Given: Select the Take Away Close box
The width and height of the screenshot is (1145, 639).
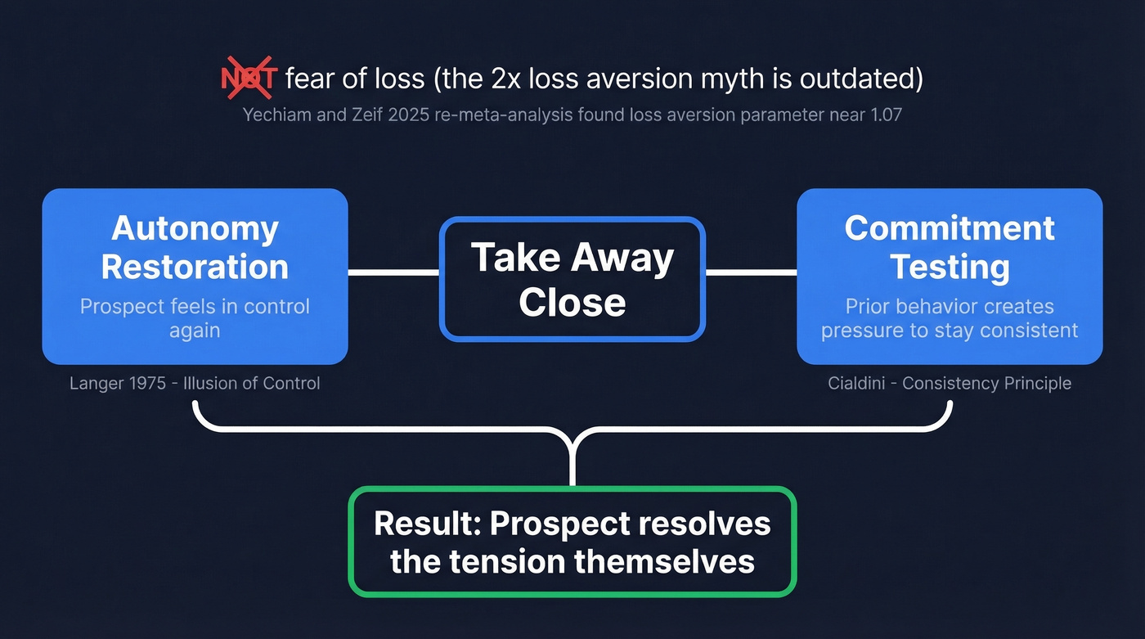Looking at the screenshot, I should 572,279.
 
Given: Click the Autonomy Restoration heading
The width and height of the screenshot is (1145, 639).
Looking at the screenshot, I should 195,247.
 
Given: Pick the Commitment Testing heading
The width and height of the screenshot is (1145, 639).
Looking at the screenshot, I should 950,247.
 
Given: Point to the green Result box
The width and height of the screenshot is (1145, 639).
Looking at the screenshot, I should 572,542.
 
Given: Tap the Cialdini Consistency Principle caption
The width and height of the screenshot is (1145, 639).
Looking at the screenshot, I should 950,383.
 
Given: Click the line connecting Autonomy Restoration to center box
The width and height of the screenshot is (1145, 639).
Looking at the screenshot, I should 393,272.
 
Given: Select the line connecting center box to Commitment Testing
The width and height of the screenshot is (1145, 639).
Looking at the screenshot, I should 751,272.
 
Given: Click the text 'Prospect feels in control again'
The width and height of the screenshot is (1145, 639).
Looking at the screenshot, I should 195,318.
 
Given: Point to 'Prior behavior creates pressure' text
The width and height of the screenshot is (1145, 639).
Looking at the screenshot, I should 950,318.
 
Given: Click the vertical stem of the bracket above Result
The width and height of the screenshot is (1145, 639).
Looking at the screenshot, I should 572,462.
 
